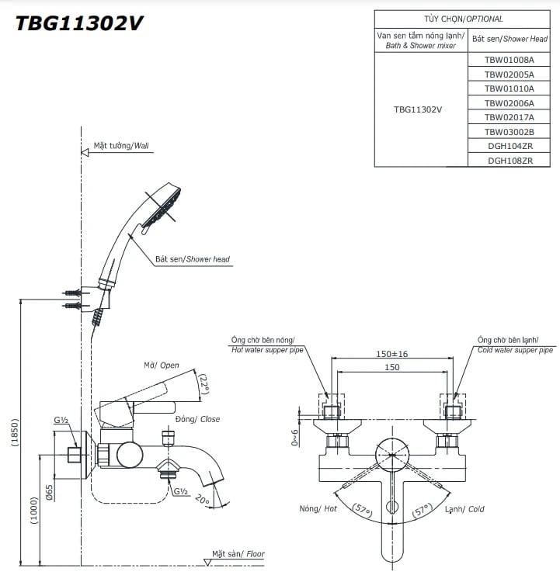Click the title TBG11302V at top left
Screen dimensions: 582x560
pyautogui.click(x=80, y=23)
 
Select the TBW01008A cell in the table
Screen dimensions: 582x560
pyautogui.click(x=509, y=60)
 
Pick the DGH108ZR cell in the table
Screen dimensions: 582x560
pyautogui.click(x=509, y=161)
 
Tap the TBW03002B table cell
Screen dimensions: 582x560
pyautogui.click(x=509, y=132)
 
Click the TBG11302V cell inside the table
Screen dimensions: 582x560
pyautogui.click(x=418, y=110)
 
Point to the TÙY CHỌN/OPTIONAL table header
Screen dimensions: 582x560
pyautogui.click(x=463, y=19)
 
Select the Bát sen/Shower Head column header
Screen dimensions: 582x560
pyautogui.click(x=510, y=39)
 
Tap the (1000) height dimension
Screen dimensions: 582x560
pyautogui.click(x=34, y=511)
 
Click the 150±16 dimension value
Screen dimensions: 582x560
pyautogui.click(x=391, y=353)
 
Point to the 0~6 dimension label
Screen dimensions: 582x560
pyautogui.click(x=295, y=438)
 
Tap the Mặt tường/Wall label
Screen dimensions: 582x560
pyautogui.click(x=121, y=145)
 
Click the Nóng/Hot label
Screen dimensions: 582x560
pyautogui.click(x=318, y=509)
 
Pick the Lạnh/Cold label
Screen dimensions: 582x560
pyautogui.click(x=464, y=509)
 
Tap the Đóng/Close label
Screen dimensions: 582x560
pyautogui.click(x=197, y=419)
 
